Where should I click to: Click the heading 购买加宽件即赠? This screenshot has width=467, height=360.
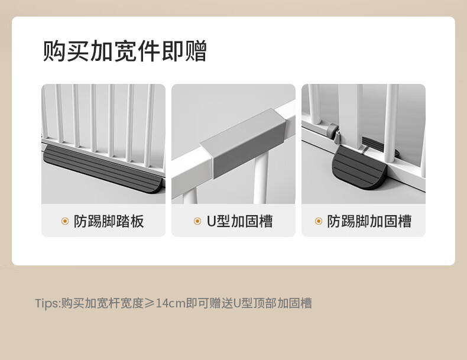(x=125, y=51)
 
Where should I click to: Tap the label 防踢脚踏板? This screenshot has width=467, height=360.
(x=109, y=221)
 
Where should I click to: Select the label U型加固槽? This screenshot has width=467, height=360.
(x=240, y=221)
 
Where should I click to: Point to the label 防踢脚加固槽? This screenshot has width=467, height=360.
(x=369, y=221)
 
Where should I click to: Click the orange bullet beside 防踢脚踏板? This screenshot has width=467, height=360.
(x=65, y=221)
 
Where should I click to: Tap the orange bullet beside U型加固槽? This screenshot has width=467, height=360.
(x=197, y=221)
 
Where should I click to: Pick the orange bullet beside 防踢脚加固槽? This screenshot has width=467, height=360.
(x=319, y=221)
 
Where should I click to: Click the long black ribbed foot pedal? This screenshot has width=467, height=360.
(x=103, y=169)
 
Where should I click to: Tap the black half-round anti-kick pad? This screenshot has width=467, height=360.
(x=359, y=168)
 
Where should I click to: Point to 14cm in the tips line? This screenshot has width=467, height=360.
(x=171, y=303)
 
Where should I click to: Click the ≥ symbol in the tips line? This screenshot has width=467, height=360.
(x=150, y=303)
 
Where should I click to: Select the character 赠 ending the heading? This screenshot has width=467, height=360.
(x=196, y=51)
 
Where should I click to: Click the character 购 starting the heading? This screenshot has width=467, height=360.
(x=54, y=51)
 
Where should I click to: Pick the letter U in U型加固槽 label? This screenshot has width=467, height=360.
(x=211, y=221)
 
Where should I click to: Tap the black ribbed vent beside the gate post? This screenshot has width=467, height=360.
(x=373, y=144)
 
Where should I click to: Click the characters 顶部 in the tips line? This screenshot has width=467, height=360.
(x=265, y=303)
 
